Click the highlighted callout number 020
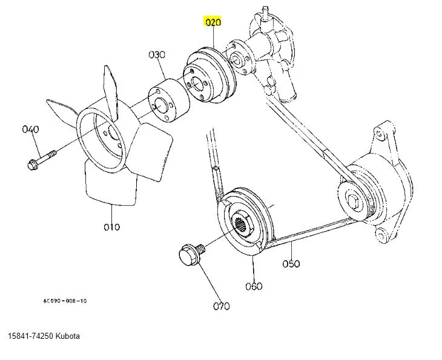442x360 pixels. (213, 23)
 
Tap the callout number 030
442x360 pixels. (157, 54)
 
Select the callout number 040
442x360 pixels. (30, 129)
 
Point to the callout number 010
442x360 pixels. (111, 227)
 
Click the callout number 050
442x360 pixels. (291, 263)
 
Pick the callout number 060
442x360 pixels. (254, 286)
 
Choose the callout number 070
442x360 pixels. (221, 306)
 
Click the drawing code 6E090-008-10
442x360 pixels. (64, 301)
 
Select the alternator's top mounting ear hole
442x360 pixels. (380, 132)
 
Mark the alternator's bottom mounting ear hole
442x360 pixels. (382, 234)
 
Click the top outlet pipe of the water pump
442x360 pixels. (264, 10)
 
